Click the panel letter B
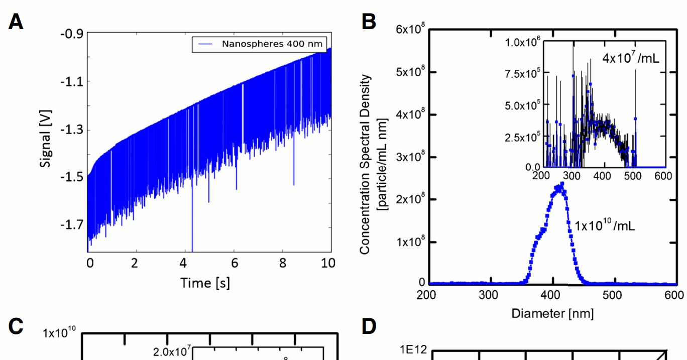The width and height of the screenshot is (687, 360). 369,21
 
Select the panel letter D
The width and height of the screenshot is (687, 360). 369,327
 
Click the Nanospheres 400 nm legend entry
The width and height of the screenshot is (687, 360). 259,43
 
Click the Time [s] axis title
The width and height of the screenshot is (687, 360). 205,283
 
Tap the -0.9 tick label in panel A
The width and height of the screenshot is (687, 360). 72,34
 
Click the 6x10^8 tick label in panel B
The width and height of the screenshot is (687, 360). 411,30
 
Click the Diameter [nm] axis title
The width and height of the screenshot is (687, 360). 552,314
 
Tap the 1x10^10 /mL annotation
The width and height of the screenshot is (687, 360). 604,225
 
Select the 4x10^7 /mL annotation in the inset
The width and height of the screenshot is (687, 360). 631,58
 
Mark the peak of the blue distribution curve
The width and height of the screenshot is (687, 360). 561,184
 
